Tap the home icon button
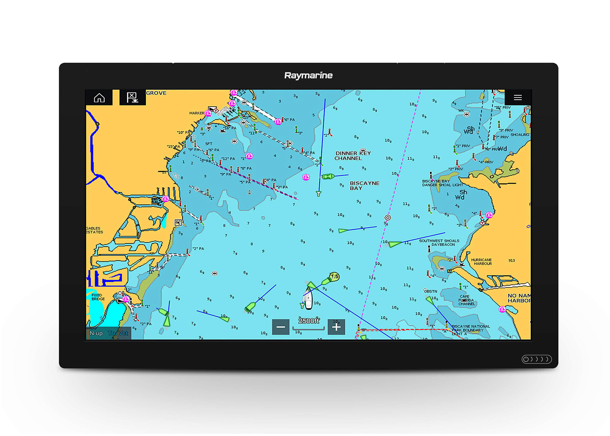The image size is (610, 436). [x=99, y=98]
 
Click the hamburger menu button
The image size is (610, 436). [x=517, y=98]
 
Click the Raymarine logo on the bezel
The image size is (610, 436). [x=308, y=76]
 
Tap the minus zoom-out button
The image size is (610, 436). [x=281, y=327]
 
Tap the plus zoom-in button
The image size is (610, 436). [x=336, y=327]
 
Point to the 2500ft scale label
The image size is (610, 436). [x=309, y=321]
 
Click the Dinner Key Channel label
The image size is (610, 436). [x=352, y=156]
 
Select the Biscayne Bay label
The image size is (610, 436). [x=364, y=186]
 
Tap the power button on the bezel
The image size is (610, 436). [x=526, y=359]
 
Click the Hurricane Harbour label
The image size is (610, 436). [x=481, y=262]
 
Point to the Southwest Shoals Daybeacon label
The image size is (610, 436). [x=439, y=243]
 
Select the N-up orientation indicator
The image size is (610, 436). [x=96, y=333]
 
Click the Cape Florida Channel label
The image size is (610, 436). [x=466, y=300]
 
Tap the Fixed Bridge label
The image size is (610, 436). [x=98, y=297]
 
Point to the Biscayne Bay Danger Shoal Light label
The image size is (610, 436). [x=442, y=183]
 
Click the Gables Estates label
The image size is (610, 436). [x=94, y=230]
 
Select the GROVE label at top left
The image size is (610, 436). [x=156, y=93]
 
